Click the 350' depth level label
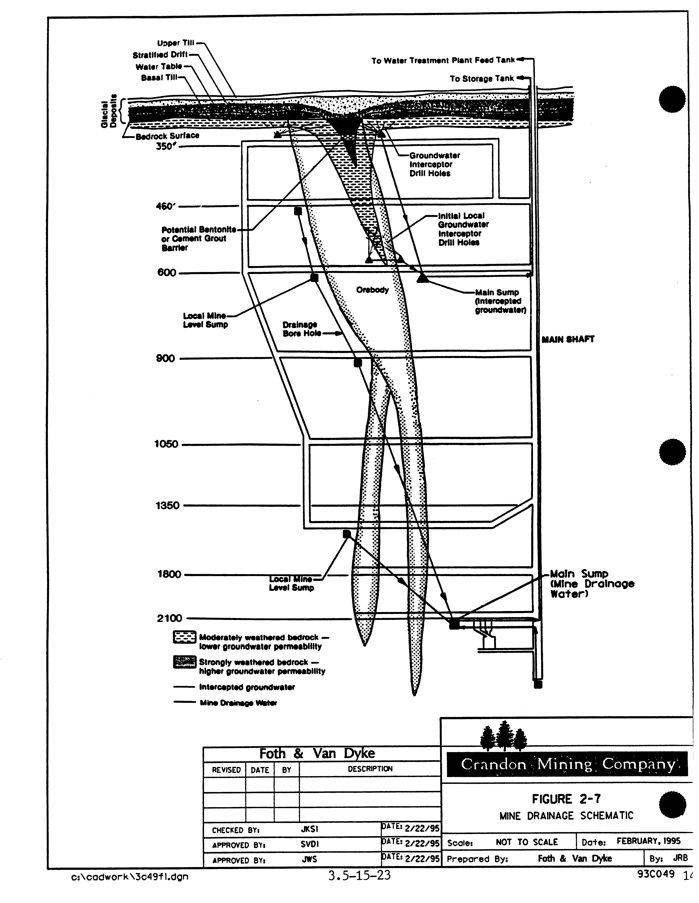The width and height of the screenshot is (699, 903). click(x=167, y=146)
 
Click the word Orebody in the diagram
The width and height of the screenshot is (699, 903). click(x=372, y=290)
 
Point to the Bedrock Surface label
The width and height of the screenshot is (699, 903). click(x=167, y=136)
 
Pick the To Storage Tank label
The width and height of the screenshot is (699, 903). click(x=482, y=79)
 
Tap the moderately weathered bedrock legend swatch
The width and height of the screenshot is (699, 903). click(x=184, y=638)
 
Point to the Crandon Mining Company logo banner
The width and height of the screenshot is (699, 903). click(x=567, y=764)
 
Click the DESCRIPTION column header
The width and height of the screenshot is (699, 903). click(x=370, y=769)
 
